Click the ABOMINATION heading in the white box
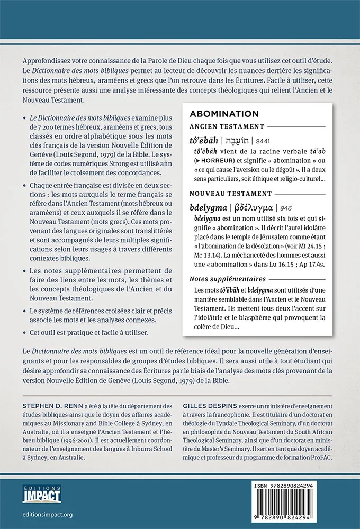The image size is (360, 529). (x=224, y=114)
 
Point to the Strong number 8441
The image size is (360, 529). (x=264, y=140)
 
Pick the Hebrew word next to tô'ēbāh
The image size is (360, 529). (x=236, y=140)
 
